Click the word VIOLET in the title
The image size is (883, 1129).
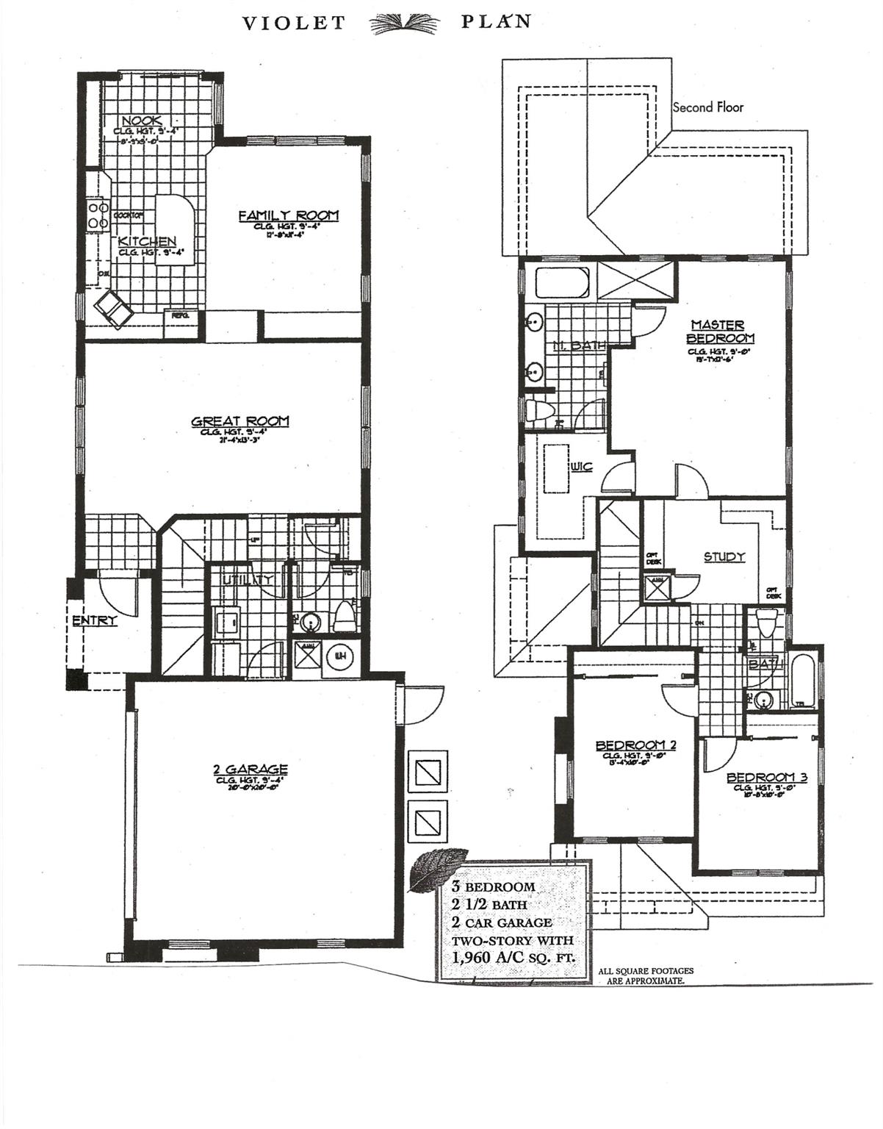[x=294, y=24]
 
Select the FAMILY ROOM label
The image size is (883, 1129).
[x=288, y=215]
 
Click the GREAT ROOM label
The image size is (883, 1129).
[x=239, y=421]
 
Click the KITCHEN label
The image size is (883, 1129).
[x=147, y=242]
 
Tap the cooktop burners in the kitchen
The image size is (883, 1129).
[x=95, y=215]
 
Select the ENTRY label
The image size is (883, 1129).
[x=94, y=621]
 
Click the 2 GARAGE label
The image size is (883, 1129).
[x=250, y=770]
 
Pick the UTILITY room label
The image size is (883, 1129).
[x=248, y=580]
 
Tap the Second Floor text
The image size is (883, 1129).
[x=707, y=107]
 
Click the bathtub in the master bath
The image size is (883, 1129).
[x=561, y=283]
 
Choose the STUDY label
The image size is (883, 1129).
[x=724, y=557]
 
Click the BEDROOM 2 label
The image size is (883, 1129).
[x=635, y=745]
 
